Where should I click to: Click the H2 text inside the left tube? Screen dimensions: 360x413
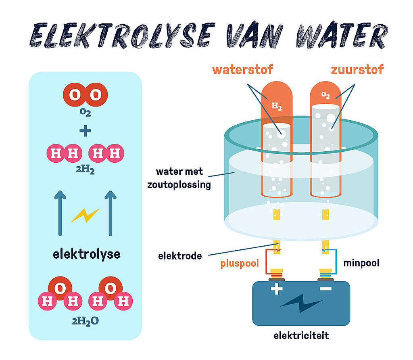click(277, 106)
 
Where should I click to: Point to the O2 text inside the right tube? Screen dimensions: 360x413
click(325, 95)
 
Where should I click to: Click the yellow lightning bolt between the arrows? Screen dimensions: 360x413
click(85, 215)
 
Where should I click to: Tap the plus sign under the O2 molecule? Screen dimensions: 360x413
click(85, 131)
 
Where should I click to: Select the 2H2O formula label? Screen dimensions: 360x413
click(85, 321)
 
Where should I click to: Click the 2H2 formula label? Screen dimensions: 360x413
click(85, 170)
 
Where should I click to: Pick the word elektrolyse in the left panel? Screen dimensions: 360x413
click(86, 254)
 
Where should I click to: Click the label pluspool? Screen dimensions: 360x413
click(239, 264)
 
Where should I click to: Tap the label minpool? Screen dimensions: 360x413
click(361, 263)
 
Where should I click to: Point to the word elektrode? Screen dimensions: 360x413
click(180, 255)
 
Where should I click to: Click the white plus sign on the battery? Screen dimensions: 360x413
click(277, 289)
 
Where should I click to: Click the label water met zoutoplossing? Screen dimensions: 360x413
click(184, 178)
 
